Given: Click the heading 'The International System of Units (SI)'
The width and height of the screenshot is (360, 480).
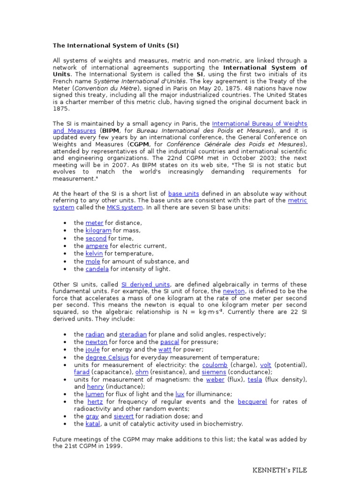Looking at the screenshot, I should coord(115,45).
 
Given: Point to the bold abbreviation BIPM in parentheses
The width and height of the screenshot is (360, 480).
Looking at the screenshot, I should coord(111,131).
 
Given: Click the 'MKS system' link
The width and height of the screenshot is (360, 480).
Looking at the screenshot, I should coord(118,208).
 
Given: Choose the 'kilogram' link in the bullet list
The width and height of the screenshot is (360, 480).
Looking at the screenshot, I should coord(98,231).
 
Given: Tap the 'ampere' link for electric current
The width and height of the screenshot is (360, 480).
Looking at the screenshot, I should coord(97,246).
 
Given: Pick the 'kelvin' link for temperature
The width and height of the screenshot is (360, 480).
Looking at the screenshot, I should coord(94,254).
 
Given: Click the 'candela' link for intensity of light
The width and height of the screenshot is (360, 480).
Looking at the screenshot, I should coord(97,269).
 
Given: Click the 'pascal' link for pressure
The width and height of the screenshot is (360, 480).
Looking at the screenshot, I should coord(170,342).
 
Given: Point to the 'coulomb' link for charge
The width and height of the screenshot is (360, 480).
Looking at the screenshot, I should coord(215,365).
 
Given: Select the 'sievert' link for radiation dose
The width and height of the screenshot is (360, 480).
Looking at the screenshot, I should coord(124,416).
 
